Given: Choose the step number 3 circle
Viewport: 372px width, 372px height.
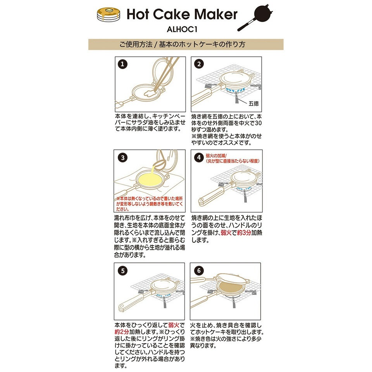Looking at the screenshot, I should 122,158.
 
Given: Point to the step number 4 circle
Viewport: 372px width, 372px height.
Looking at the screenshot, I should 199,158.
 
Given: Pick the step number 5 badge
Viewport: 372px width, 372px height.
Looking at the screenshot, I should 122,270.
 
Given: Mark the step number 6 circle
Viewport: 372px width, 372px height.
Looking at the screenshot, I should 199,270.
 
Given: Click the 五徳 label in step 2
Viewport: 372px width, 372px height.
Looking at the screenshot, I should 254,104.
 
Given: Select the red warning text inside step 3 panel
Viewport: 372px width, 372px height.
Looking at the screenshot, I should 149,203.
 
